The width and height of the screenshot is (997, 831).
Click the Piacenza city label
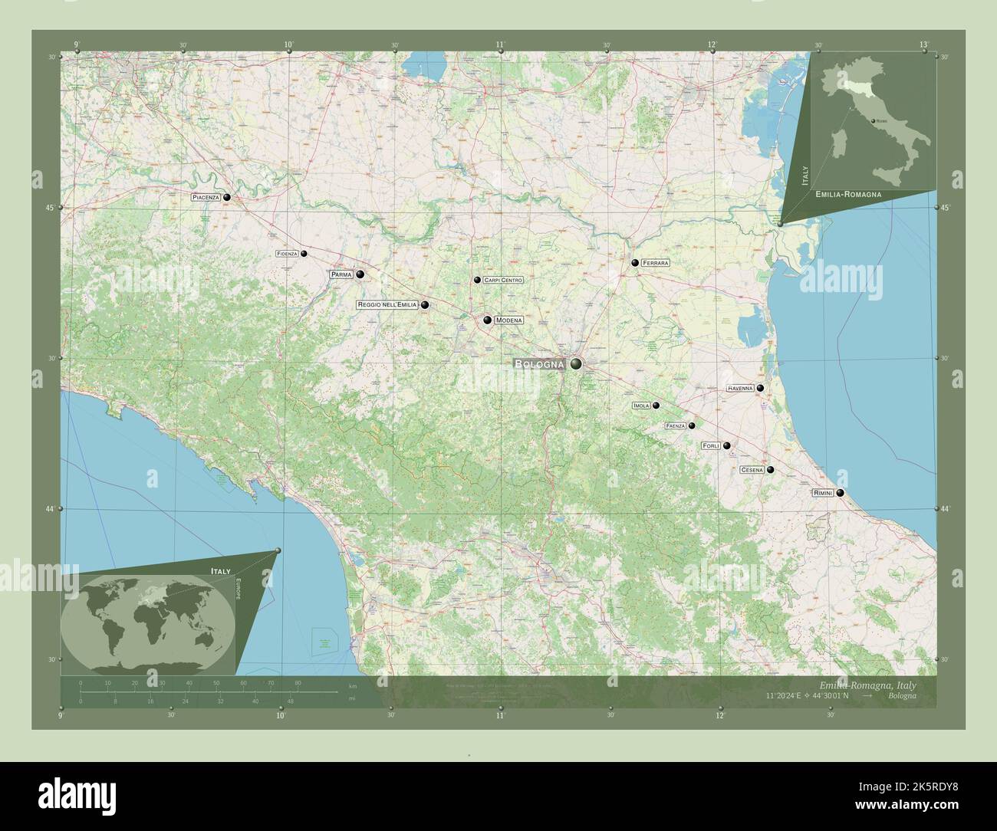point(206,198)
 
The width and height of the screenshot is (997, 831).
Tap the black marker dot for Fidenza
point(304,254)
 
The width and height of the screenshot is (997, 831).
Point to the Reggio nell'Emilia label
point(387,305)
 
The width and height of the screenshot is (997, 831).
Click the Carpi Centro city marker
point(477,281)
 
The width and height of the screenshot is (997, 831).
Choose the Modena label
point(508,320)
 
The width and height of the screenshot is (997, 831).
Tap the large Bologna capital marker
point(575,364)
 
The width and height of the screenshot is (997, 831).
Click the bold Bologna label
point(540,364)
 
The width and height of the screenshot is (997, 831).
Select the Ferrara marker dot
point(635,263)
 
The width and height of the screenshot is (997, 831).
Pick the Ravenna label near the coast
point(740,389)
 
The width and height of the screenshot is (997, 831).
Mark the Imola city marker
point(656,406)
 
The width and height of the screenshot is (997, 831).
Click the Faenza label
point(675,425)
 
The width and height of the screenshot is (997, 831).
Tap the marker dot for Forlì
point(726,445)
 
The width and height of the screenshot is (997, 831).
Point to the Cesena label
point(752,470)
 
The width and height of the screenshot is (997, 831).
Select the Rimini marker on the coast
point(841,493)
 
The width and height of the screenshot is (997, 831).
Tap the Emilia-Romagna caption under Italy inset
point(848,195)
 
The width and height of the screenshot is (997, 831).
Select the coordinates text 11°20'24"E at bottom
point(786,696)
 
